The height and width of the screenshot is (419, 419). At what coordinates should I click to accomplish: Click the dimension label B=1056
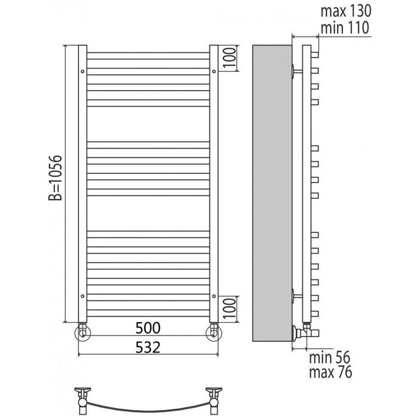coord(55,178)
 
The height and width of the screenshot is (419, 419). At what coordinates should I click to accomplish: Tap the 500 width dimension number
coord(148,328)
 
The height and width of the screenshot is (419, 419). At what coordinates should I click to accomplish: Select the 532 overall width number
coord(148,347)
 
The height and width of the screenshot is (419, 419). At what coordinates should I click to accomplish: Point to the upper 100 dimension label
coord(229,58)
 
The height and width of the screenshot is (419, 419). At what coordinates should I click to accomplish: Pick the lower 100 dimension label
coord(229,309)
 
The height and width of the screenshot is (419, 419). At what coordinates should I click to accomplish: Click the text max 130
coord(346,11)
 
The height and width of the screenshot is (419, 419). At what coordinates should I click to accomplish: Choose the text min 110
coord(345,28)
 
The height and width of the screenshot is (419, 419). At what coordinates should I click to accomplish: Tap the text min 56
coord(329,357)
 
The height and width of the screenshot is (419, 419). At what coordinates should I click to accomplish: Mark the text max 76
coord(330,372)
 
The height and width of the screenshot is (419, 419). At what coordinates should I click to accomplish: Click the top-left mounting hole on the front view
coord(83,71)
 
